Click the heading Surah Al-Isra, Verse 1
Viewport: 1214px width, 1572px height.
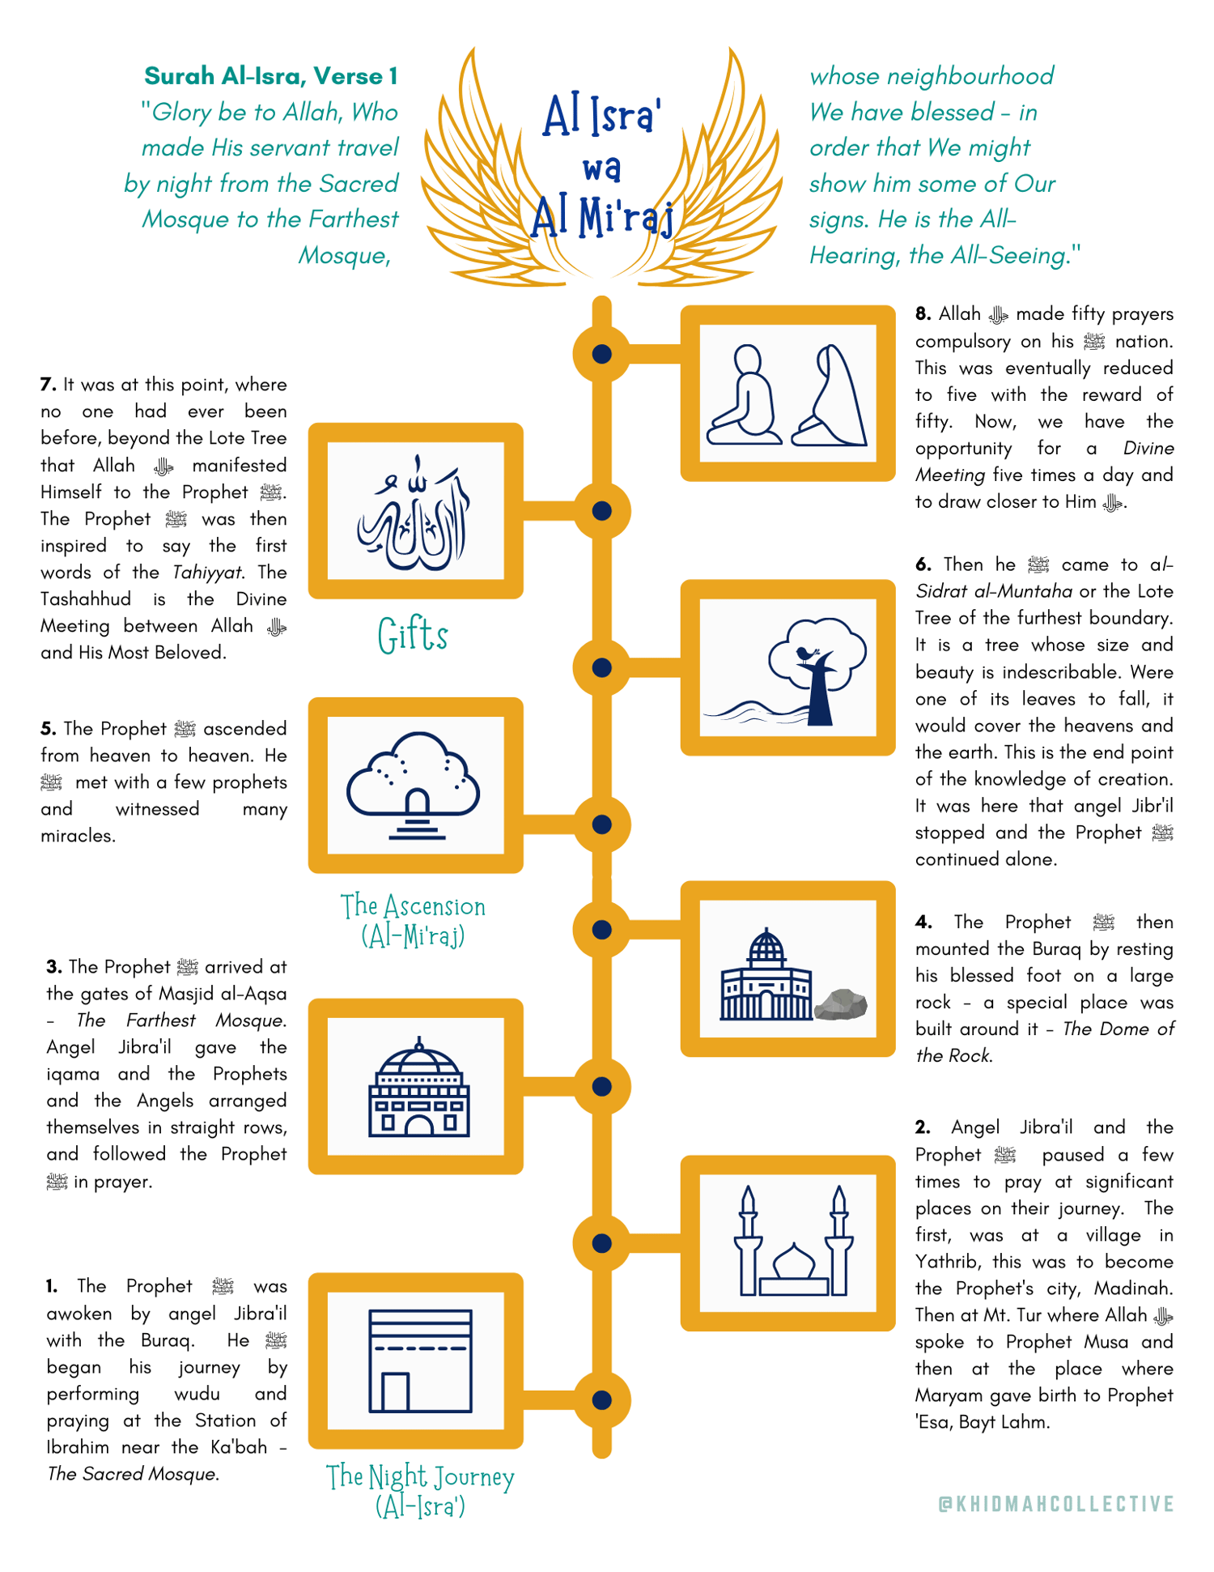270,76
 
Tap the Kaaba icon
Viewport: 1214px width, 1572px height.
419,1361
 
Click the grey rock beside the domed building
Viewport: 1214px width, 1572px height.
842,1003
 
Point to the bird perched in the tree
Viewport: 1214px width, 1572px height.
806,654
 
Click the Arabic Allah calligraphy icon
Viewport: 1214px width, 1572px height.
414,513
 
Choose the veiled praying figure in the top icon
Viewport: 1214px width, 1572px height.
832,396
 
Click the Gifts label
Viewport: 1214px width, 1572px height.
413,635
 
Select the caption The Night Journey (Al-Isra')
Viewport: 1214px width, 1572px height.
420,1490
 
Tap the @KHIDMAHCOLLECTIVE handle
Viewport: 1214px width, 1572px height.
1056,1504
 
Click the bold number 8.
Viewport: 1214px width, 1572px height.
923,314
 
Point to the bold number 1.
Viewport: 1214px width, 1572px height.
52,1286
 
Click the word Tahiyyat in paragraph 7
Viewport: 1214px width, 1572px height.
207,573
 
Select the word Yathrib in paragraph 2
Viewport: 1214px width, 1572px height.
945,1262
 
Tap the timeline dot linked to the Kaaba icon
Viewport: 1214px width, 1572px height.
601,1399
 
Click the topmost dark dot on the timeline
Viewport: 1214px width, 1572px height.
601,354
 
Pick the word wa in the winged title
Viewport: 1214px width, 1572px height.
601,168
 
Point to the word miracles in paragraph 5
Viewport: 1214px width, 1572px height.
79,836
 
